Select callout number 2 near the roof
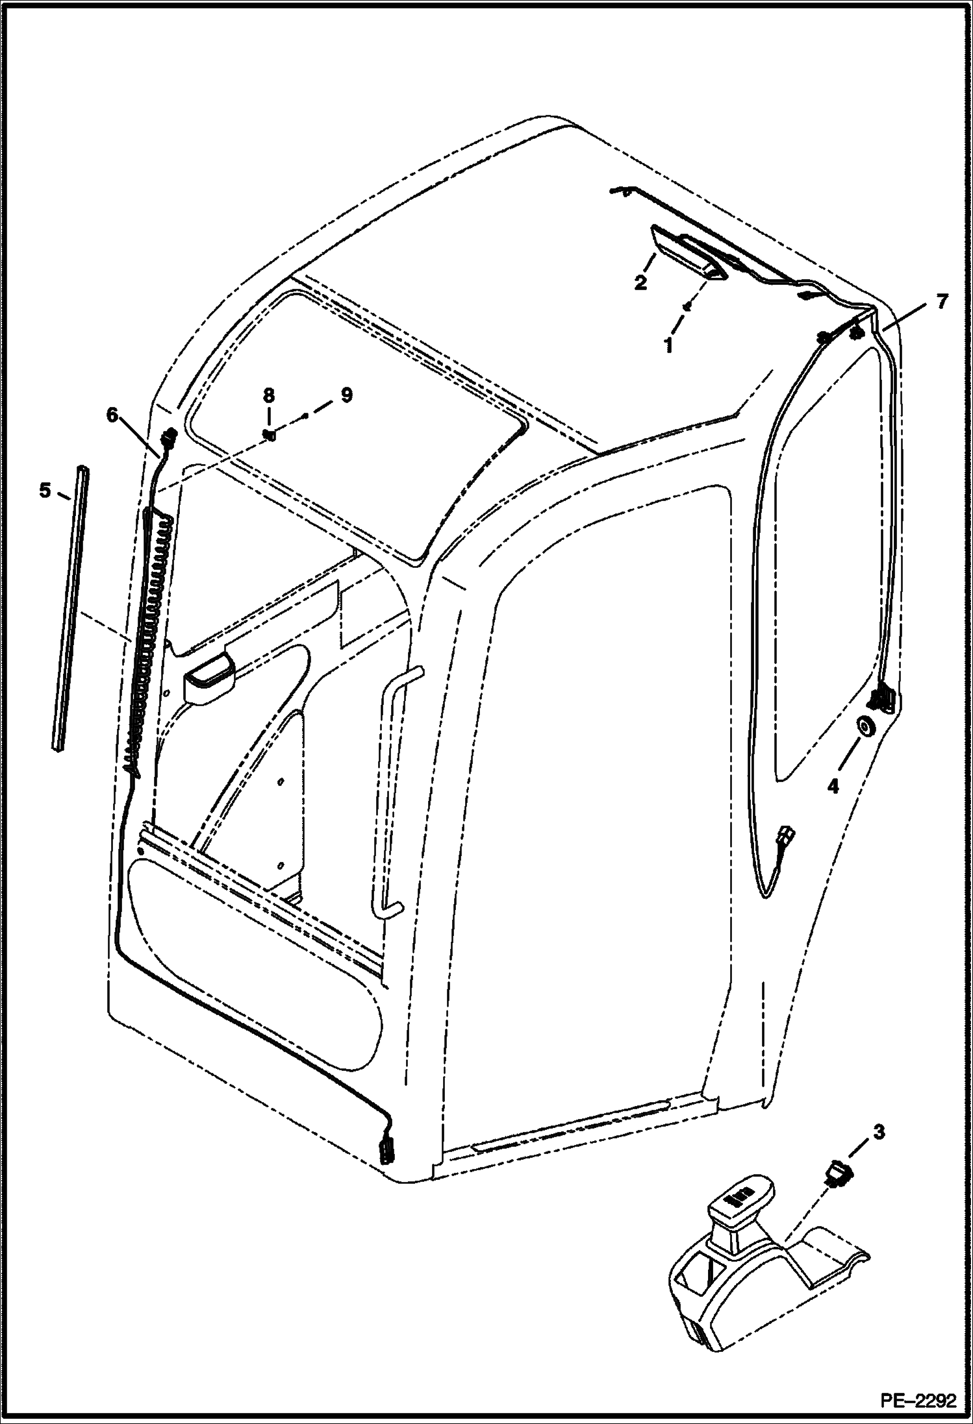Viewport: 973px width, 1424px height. coord(640,283)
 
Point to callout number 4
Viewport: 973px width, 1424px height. coord(833,787)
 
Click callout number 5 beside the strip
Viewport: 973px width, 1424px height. coord(44,491)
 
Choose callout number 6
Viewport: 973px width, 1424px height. coord(113,414)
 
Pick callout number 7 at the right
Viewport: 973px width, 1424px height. coord(941,301)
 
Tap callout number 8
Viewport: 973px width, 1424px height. coord(268,395)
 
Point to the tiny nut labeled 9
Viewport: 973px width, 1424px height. coord(305,413)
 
